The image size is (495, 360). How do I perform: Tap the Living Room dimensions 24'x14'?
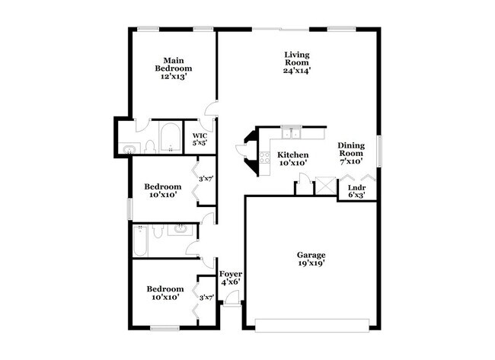(297, 70)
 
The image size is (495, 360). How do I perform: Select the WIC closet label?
(200, 139)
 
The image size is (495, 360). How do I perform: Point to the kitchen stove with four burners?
(265, 158)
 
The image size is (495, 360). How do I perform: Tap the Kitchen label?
(292, 155)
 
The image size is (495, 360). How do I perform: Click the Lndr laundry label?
(355, 187)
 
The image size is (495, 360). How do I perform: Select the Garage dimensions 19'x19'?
(311, 263)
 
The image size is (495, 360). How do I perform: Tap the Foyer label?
(230, 274)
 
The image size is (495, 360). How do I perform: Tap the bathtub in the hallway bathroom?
(141, 244)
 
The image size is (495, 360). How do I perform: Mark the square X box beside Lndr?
(324, 185)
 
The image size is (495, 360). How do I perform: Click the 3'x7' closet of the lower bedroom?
(205, 298)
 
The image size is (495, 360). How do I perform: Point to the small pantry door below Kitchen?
(303, 183)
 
